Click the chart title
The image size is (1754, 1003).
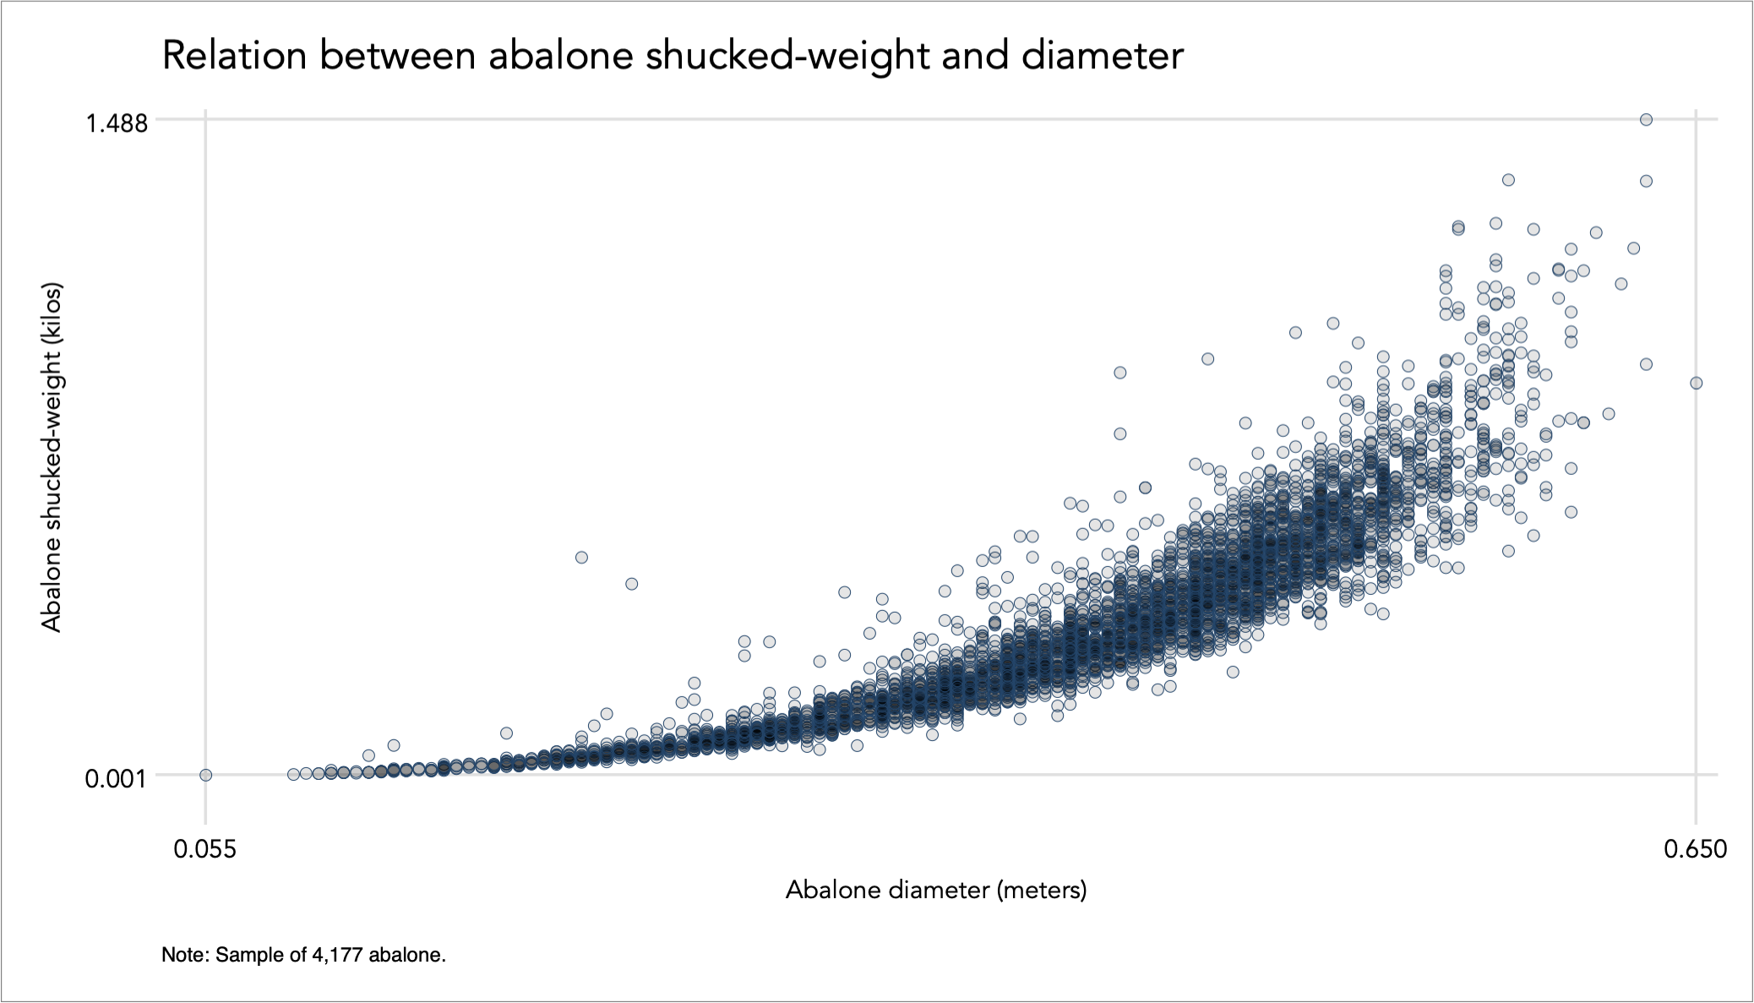[x=672, y=56]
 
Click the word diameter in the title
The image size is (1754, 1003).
[x=1102, y=56]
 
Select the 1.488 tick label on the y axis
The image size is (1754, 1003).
[x=117, y=123]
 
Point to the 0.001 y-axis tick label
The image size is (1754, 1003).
[x=117, y=778]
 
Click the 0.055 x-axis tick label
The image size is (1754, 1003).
[x=205, y=848]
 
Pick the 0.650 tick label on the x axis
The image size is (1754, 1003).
[x=1695, y=848]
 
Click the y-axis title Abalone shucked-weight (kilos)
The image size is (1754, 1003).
[x=52, y=457]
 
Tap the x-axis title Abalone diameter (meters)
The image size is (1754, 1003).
[x=936, y=890]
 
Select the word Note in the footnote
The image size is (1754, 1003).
[x=184, y=955]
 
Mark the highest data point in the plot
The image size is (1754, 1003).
[x=1646, y=120]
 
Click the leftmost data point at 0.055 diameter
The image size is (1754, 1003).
[x=205, y=775]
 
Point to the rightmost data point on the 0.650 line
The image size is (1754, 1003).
[x=1696, y=383]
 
